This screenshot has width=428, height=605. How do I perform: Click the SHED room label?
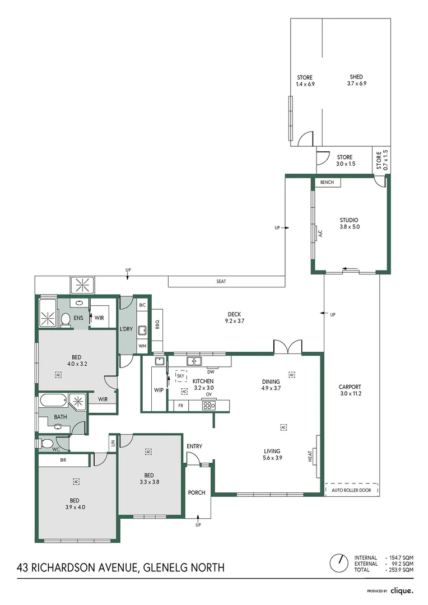356,77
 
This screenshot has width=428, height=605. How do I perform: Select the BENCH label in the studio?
327,183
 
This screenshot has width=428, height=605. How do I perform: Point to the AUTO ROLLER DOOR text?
351,490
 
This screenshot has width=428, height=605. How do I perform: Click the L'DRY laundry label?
126,329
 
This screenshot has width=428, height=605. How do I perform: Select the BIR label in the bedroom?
63,460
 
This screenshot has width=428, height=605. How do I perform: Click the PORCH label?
197,493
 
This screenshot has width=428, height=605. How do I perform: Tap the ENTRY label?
194,446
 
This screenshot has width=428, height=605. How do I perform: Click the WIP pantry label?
158,390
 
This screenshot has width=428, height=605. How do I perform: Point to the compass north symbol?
338,562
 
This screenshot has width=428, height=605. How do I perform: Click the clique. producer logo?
402,590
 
